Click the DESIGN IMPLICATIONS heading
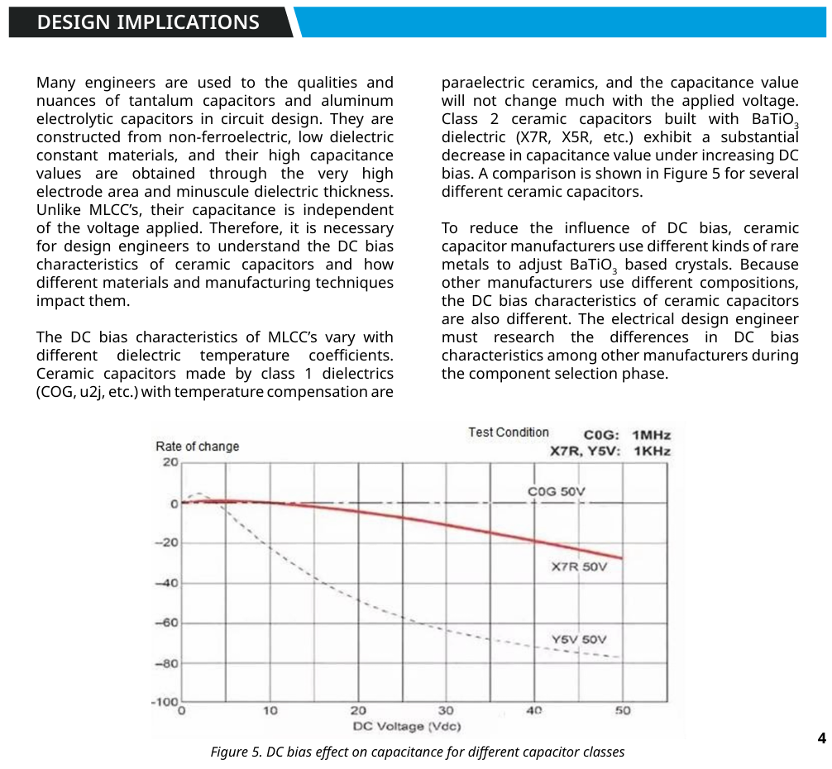click(x=148, y=22)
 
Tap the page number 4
click(x=821, y=738)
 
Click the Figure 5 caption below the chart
click(x=417, y=752)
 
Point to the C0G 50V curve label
click(x=556, y=492)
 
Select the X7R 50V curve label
click(x=579, y=567)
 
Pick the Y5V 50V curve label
click(x=579, y=639)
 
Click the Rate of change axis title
click(x=197, y=447)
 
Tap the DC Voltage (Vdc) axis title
click(x=407, y=726)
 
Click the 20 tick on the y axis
click(x=170, y=462)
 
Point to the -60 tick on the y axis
click(x=168, y=623)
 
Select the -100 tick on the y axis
click(x=165, y=702)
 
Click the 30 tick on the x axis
click(x=446, y=710)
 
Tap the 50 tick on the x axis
click(x=623, y=710)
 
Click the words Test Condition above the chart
click(x=509, y=432)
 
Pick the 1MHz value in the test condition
click(x=651, y=435)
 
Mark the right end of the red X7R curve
click(x=621, y=558)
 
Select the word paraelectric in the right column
click(x=480, y=83)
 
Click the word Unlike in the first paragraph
click(x=60, y=210)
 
